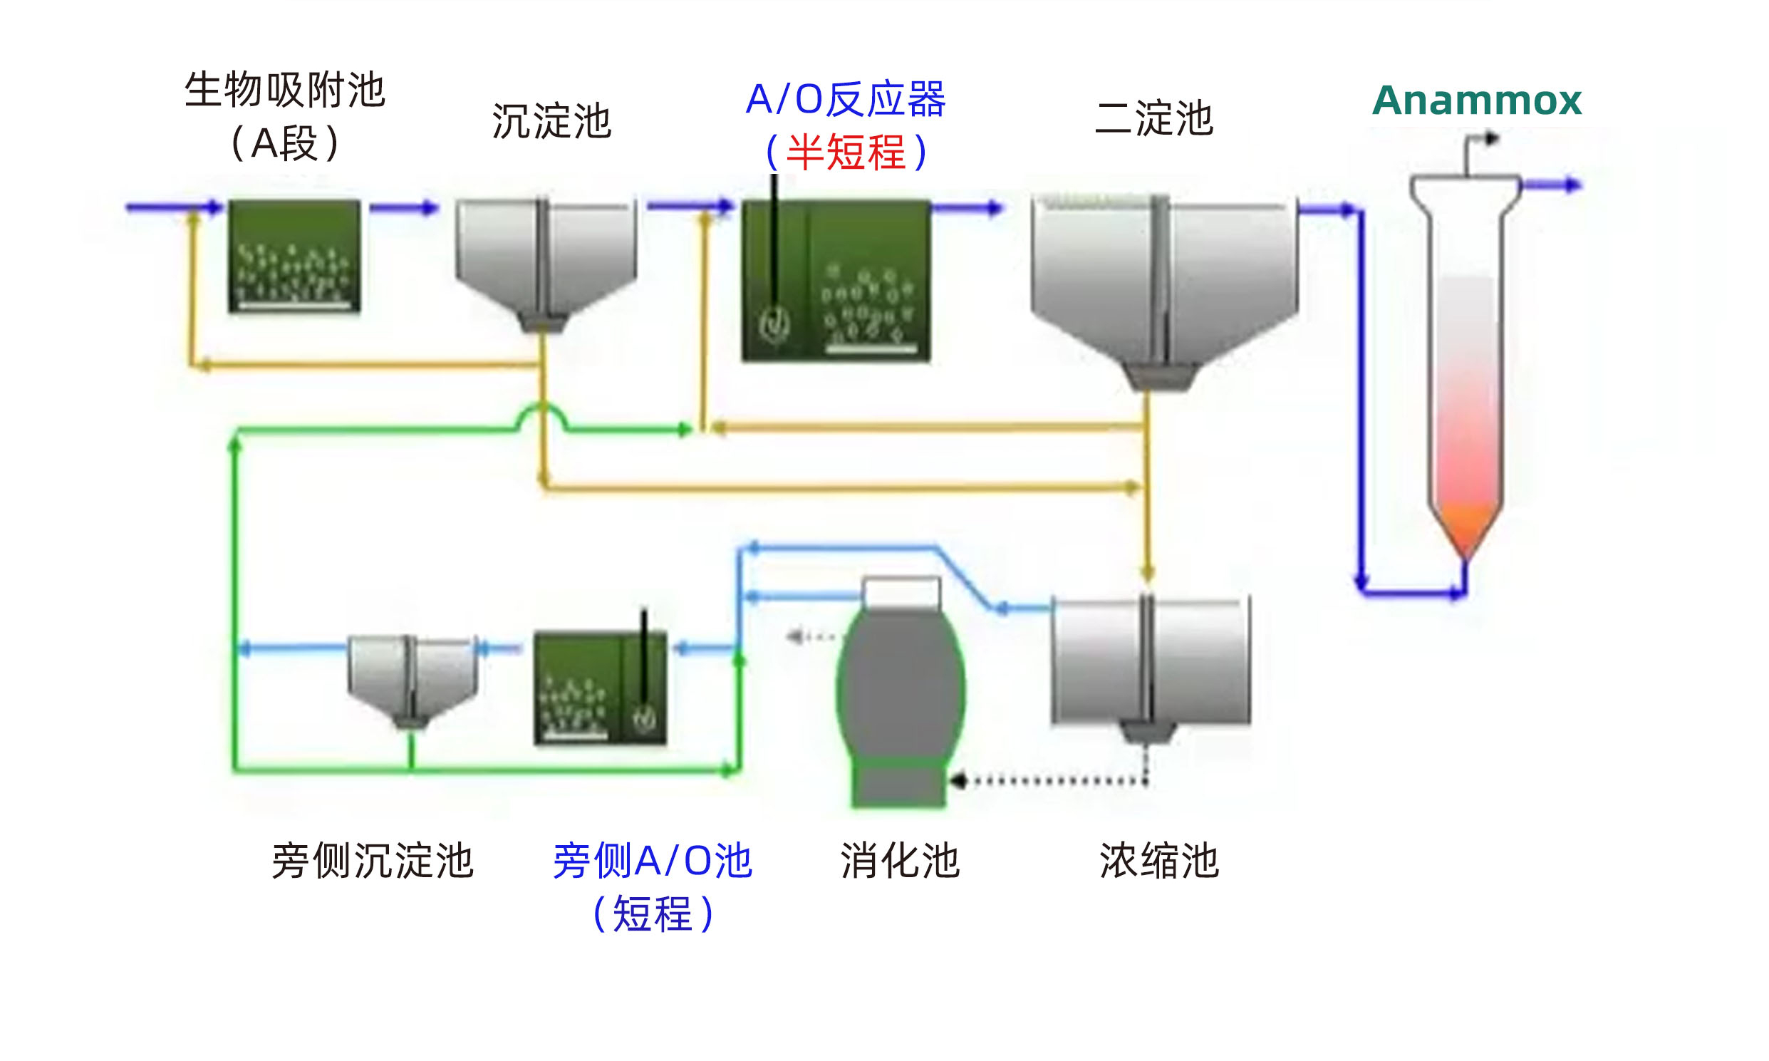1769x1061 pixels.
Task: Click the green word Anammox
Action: point(1476,100)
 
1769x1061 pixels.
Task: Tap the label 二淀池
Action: point(1153,118)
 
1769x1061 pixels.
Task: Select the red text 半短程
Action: point(846,152)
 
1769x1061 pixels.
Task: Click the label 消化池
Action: point(899,860)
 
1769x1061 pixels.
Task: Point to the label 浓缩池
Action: point(1158,860)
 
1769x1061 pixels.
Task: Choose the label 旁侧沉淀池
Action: point(373,860)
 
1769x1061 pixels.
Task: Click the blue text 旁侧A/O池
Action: point(652,860)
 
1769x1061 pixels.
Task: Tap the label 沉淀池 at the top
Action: point(551,121)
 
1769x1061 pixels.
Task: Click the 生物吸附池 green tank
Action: point(294,255)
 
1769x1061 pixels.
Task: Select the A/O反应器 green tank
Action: point(836,280)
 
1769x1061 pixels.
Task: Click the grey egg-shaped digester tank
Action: point(901,686)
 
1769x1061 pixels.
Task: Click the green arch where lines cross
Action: point(541,415)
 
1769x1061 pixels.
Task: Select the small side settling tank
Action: point(412,679)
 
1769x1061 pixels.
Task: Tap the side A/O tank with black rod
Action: point(600,688)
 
